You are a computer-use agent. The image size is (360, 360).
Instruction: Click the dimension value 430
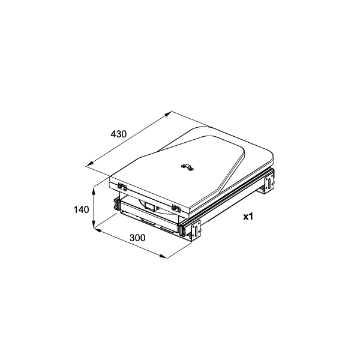click(118, 134)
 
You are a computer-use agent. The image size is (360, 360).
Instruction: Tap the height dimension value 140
click(81, 209)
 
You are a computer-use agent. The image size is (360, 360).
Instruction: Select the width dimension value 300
click(137, 238)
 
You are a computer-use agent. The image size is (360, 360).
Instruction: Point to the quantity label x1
click(248, 217)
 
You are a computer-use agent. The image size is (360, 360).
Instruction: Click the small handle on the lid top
click(188, 167)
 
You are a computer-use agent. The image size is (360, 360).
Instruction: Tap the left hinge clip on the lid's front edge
click(122, 186)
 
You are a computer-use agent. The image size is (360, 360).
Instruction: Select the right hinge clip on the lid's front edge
click(176, 208)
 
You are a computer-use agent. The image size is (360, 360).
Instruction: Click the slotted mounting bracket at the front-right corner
click(195, 231)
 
